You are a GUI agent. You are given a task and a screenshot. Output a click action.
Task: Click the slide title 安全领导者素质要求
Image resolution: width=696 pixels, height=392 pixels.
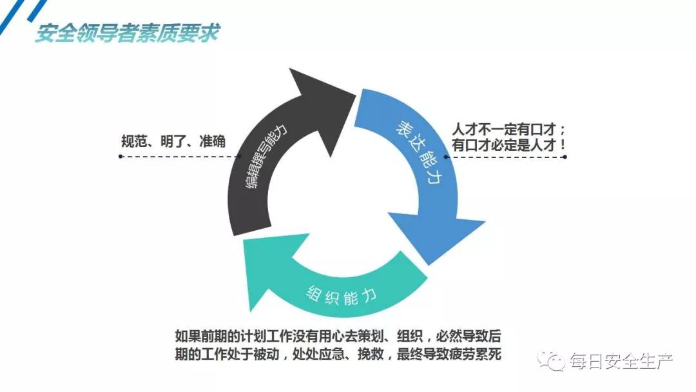point(127,33)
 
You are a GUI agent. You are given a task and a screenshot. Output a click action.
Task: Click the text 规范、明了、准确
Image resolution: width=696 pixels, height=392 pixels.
point(173,141)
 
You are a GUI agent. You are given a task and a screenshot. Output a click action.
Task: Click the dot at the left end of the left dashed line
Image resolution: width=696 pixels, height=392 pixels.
point(121,157)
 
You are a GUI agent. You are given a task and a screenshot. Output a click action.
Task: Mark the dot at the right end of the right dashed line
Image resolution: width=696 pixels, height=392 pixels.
point(565,157)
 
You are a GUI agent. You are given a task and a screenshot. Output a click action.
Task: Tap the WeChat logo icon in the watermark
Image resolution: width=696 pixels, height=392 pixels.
point(552,360)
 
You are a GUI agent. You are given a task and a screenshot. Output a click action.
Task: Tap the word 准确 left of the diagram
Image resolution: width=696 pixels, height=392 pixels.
point(213,141)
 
